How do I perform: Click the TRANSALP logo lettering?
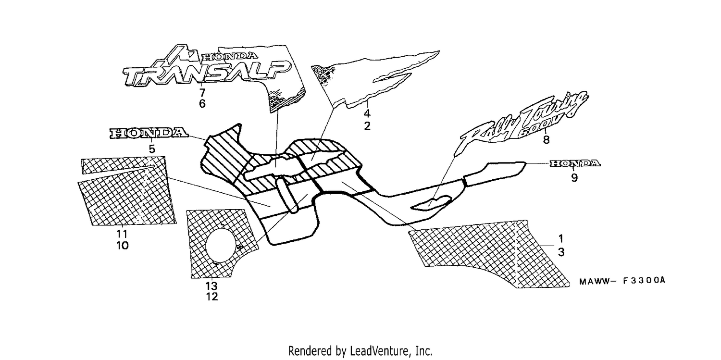207,74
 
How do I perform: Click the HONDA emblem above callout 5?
149,133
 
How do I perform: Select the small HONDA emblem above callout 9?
574,163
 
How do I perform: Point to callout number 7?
202,93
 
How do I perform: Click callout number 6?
202,104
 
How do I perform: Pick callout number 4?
367,113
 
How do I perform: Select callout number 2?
367,126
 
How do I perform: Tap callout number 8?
546,139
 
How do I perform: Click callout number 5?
152,149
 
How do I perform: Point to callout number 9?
574,177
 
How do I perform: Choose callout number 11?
122,234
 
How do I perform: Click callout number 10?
122,246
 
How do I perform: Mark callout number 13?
212,286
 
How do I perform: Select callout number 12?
212,297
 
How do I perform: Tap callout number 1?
561,239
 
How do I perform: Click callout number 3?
561,252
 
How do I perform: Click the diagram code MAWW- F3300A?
622,281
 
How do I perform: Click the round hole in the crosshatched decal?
221,245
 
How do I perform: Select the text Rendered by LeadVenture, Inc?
360,351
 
